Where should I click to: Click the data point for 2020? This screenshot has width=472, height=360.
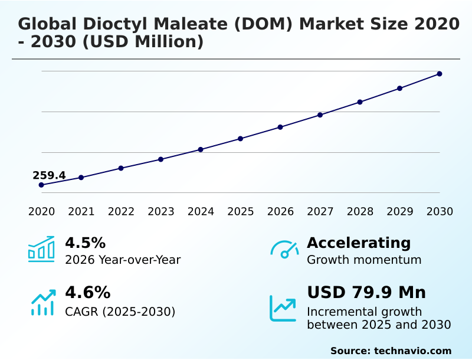click(41, 185)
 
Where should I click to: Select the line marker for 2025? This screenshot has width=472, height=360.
click(240, 139)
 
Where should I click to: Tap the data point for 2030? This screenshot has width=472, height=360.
click(440, 74)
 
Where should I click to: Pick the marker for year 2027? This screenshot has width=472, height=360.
click(320, 114)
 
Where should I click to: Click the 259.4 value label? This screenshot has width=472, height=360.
click(49, 175)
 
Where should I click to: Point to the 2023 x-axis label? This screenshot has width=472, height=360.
click(160, 212)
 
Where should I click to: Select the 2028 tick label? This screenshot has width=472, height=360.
click(359, 212)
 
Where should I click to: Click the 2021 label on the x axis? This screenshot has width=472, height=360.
click(81, 212)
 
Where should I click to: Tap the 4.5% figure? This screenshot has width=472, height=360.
click(85, 243)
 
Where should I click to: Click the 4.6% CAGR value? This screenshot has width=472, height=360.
click(87, 293)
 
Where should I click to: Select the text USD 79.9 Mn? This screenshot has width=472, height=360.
click(366, 293)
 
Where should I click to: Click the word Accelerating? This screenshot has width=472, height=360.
click(359, 243)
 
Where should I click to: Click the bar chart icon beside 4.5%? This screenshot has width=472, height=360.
click(41, 249)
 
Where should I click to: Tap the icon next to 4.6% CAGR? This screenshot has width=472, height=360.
click(42, 302)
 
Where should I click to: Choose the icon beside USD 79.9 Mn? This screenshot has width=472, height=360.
click(283, 307)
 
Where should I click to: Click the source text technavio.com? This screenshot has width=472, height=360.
click(412, 351)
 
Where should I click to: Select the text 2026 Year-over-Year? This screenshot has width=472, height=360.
click(123, 260)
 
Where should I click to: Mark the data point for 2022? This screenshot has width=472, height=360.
click(121, 168)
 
